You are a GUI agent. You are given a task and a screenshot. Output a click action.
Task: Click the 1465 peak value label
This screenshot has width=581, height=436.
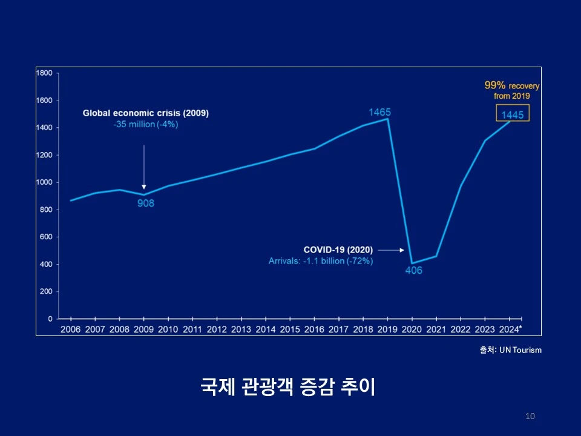click(380, 112)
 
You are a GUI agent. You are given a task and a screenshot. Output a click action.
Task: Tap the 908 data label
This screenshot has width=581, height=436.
click(145, 203)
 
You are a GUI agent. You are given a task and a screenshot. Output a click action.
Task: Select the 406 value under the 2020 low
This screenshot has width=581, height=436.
click(413, 271)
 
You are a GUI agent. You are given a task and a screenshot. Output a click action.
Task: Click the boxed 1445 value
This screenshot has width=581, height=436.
click(512, 115)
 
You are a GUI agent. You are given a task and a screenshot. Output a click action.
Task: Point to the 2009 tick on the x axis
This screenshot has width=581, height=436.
click(143, 329)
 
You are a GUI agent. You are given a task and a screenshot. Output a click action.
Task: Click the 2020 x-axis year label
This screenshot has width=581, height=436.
click(412, 329)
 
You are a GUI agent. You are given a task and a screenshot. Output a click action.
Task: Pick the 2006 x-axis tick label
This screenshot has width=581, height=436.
click(70, 329)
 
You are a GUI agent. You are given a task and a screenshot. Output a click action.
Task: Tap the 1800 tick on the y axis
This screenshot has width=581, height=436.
click(44, 73)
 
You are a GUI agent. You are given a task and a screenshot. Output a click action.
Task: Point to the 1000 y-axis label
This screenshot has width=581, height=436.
click(44, 182)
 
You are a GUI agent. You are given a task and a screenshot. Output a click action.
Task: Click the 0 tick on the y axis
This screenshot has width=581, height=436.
click(50, 319)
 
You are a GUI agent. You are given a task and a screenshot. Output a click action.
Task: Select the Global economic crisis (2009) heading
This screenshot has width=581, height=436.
click(145, 113)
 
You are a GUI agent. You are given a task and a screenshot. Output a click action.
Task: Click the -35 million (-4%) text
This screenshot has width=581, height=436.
click(145, 124)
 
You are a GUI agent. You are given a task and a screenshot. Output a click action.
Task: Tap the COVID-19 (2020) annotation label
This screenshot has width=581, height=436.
click(338, 249)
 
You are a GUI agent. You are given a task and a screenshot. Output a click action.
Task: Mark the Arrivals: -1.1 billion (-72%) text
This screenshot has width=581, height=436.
click(321, 261)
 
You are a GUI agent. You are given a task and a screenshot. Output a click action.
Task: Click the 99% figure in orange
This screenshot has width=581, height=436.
click(494, 87)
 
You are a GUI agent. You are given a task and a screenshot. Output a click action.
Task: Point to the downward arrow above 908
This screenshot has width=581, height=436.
click(144, 167)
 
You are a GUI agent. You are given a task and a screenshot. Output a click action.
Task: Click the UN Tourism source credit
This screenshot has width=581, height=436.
click(507, 350)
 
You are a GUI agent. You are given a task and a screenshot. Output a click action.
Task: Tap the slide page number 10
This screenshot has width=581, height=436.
click(530, 416)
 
